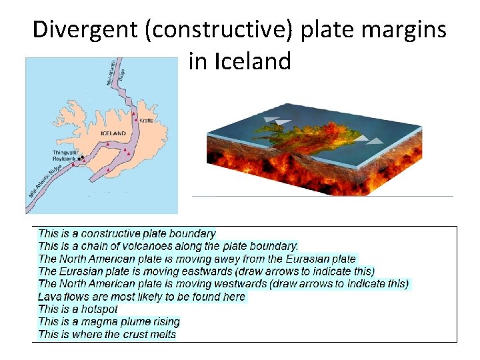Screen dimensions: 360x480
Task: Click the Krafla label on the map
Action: coord(147,120)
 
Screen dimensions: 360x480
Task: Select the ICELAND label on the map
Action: coord(113,133)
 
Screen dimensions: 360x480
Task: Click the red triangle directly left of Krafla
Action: coord(135,120)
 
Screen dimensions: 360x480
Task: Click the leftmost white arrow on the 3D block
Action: coord(271,121)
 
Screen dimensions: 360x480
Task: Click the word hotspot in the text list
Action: coord(98,309)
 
